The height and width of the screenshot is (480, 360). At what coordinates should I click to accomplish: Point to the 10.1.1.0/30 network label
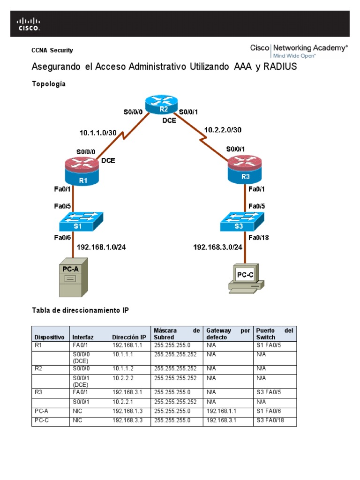click(97, 133)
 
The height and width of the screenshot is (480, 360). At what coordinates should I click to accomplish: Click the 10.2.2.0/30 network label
click(223, 130)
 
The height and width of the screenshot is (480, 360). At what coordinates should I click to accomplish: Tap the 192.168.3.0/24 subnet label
click(217, 247)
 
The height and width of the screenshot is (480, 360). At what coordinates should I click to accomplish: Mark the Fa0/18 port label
click(258, 237)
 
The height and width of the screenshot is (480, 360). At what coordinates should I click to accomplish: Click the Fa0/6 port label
click(62, 237)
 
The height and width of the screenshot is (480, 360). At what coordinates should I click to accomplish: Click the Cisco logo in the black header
click(29, 24)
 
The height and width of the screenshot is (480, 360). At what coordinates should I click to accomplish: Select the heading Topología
click(48, 84)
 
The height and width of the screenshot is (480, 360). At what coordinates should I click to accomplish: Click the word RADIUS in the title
click(280, 67)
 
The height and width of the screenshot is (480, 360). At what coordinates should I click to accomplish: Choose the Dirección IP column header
click(129, 337)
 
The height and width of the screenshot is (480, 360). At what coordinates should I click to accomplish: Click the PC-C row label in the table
click(41, 420)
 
